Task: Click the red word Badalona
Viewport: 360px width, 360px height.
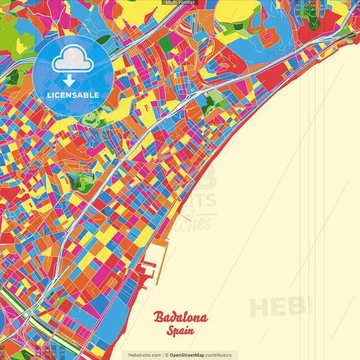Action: point(180,317)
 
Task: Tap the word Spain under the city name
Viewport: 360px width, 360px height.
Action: point(180,332)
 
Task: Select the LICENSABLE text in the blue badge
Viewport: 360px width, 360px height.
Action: point(73,95)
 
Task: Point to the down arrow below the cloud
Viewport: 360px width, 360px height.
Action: point(72,80)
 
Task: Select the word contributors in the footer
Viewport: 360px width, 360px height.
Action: point(219,355)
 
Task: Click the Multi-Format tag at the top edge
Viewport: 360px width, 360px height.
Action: point(179,3)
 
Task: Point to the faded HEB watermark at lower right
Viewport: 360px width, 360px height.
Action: point(277,307)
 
